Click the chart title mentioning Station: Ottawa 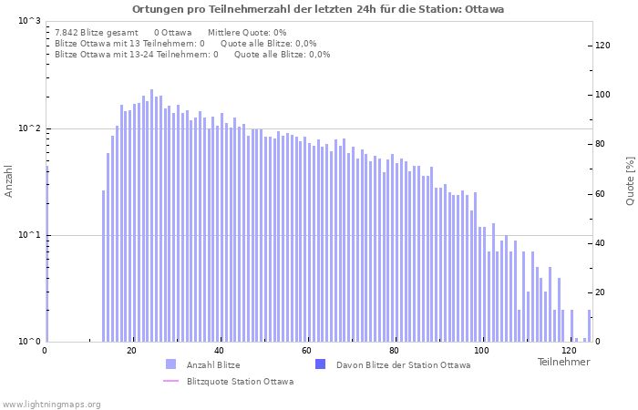click(x=317, y=9)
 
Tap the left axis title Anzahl click(x=9, y=180)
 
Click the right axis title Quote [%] click(x=630, y=180)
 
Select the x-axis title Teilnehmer click(x=563, y=362)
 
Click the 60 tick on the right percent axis click(x=601, y=194)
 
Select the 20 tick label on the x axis click(x=131, y=351)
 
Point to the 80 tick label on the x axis click(x=394, y=351)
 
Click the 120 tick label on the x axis click(x=569, y=351)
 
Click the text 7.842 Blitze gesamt click(x=97, y=32)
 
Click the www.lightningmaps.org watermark click(x=52, y=404)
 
